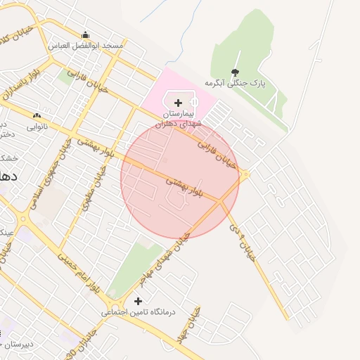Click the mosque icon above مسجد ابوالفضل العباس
pyautogui.click(x=86, y=35)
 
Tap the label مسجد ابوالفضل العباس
pyautogui.click(x=86, y=45)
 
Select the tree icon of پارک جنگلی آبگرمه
pyautogui.click(x=235, y=72)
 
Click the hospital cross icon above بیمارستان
pyautogui.click(x=179, y=103)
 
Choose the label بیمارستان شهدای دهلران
pyautogui.click(x=182, y=118)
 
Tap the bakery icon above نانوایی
pyautogui.click(x=37, y=116)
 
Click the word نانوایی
pyautogui.click(x=37, y=127)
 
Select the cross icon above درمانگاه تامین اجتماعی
pyautogui.click(x=147, y=300)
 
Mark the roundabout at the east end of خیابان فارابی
pyautogui.click(x=245, y=175)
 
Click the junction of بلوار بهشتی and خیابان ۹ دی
pyautogui.click(x=221, y=202)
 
